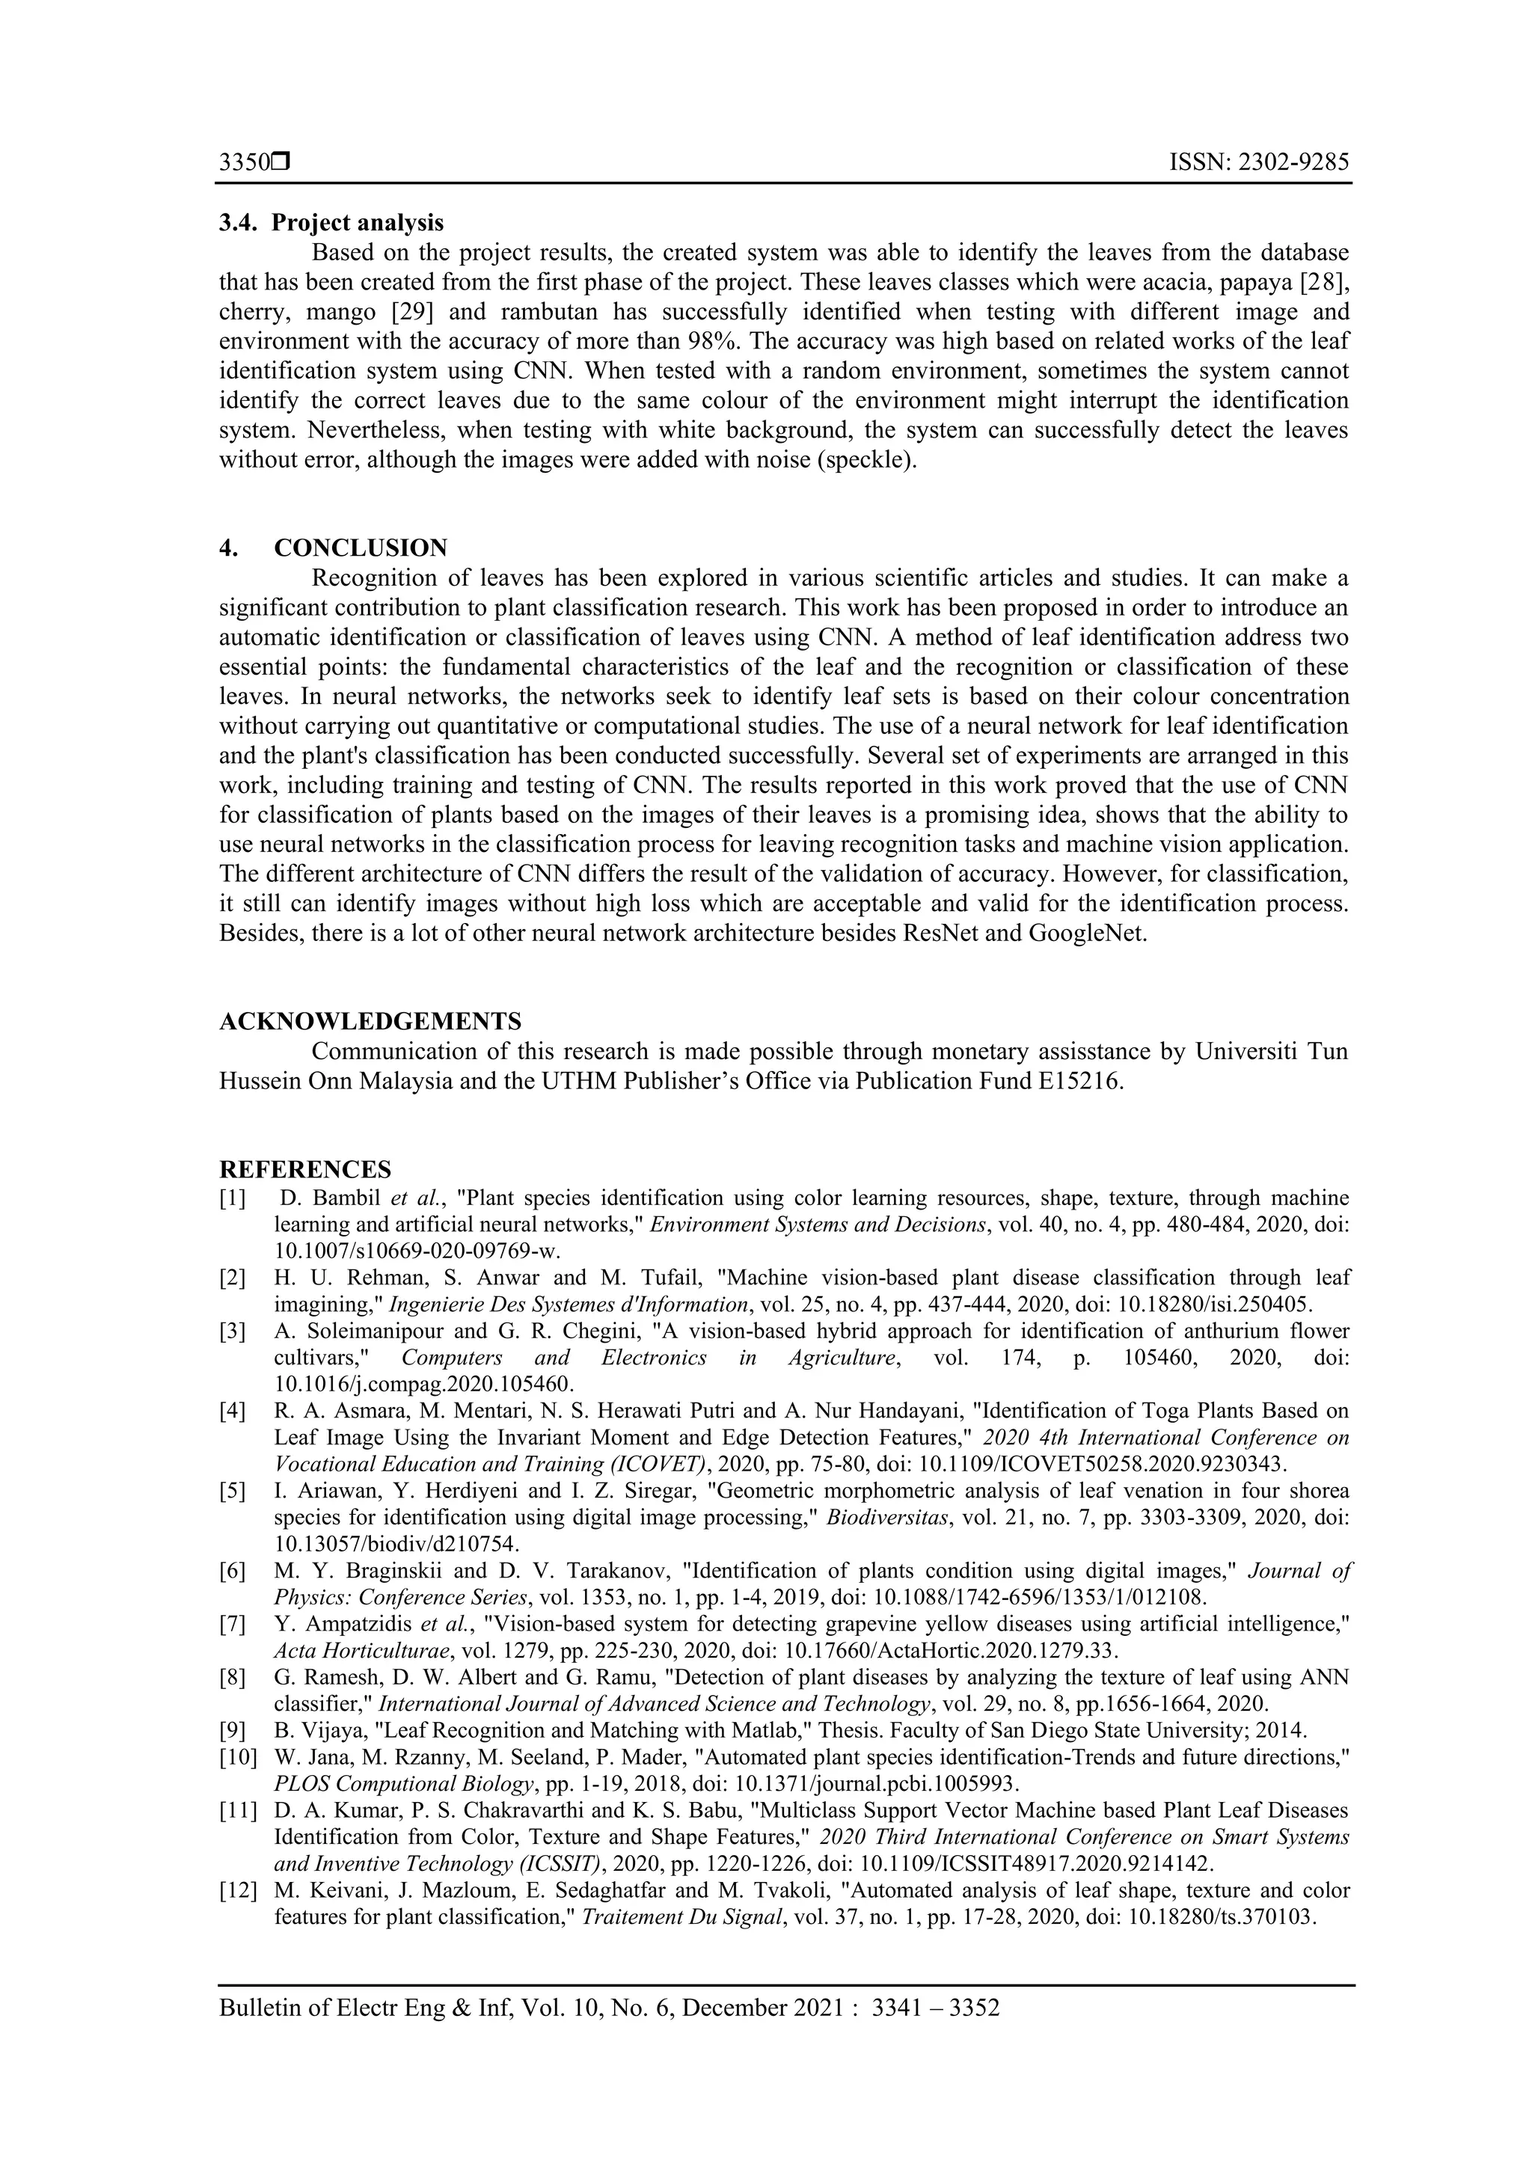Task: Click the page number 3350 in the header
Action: click(244, 163)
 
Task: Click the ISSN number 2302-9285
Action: click(1291, 163)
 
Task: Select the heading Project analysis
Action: click(357, 223)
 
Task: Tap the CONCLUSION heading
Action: click(361, 548)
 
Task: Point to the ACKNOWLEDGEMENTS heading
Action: click(370, 1021)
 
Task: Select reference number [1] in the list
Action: click(232, 1198)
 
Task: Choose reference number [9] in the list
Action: click(232, 1731)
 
